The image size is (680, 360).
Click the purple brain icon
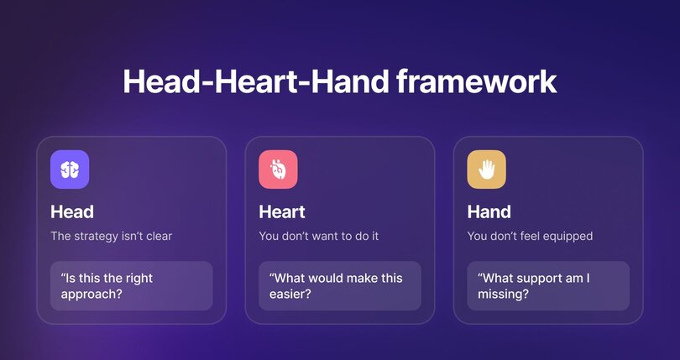tap(70, 170)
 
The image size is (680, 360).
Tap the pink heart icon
tap(278, 170)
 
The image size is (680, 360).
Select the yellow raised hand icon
tap(486, 170)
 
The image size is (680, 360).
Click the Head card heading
tap(72, 211)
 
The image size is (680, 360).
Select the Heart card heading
tap(282, 211)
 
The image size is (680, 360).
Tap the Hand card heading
tap(489, 211)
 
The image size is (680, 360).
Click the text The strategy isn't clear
tap(111, 236)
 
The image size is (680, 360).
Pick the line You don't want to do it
tap(318, 236)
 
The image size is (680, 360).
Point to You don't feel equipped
tap(530, 236)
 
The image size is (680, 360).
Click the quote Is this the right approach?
tap(106, 286)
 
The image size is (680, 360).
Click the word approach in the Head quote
tap(90, 295)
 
